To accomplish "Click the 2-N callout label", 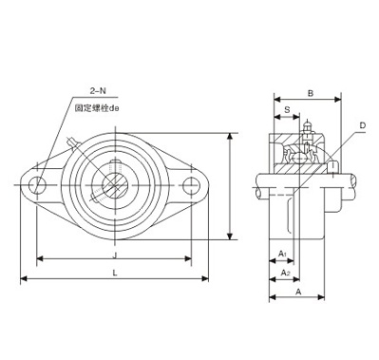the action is pyautogui.click(x=98, y=91).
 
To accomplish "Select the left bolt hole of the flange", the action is pyautogui.click(x=37, y=185).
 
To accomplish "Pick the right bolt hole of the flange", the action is pyautogui.click(x=191, y=185).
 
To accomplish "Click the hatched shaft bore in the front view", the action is pyautogui.click(x=115, y=185).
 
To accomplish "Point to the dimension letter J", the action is pyautogui.click(x=115, y=255).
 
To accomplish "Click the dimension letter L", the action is pyautogui.click(x=115, y=273).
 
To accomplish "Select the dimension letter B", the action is pyautogui.click(x=311, y=93).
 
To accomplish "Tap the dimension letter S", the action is pyautogui.click(x=288, y=110).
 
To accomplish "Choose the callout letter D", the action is pyautogui.click(x=363, y=125).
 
